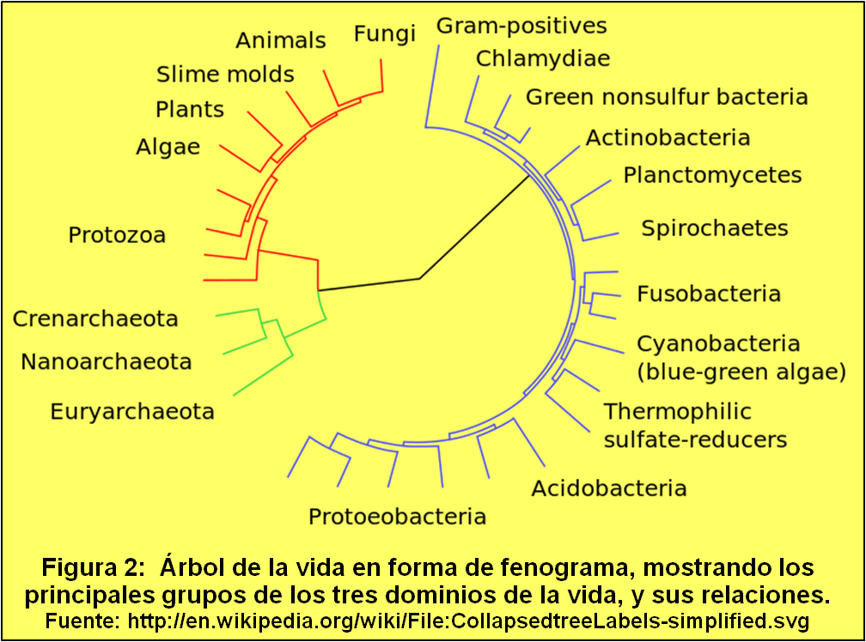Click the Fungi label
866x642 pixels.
[384, 34]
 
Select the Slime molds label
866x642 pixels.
[225, 75]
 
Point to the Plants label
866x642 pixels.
[190, 110]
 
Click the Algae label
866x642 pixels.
[168, 148]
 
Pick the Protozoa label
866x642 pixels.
[117, 235]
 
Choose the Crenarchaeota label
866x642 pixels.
[95, 319]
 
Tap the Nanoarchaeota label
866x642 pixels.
[107, 361]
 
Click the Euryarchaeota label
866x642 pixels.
[132, 412]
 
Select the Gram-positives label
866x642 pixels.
[521, 26]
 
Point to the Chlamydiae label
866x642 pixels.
[543, 59]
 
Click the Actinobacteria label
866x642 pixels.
[668, 137]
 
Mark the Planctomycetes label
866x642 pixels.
[712, 176]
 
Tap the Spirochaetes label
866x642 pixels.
[715, 228]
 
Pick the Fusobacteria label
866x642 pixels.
[709, 294]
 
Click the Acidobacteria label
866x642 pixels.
[609, 489]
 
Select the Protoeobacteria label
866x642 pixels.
[397, 517]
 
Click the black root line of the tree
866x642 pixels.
[369, 284]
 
